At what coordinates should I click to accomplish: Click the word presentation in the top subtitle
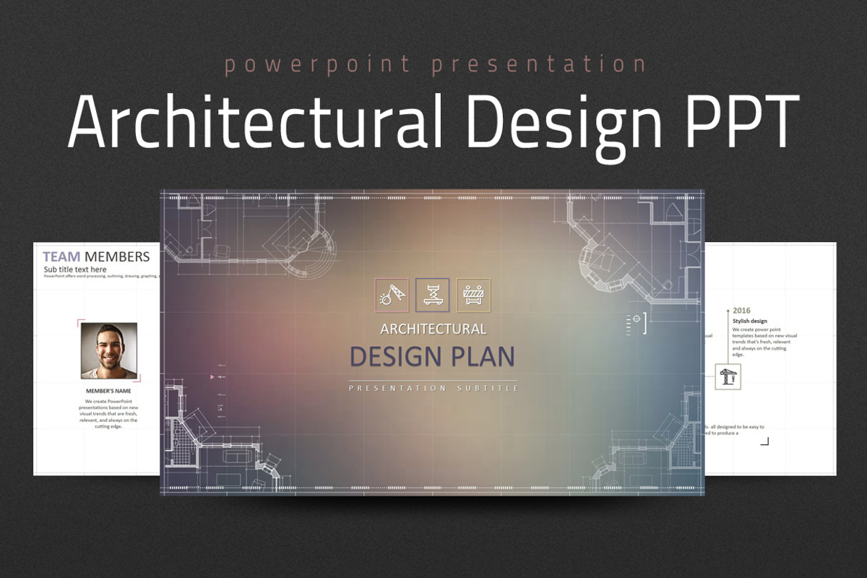(x=539, y=65)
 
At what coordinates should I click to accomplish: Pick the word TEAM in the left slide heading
(x=61, y=256)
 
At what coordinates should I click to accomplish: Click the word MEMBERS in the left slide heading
(x=117, y=256)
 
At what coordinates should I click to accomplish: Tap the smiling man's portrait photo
(x=109, y=350)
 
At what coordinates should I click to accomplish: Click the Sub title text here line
(x=75, y=269)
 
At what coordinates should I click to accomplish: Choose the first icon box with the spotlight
(x=392, y=295)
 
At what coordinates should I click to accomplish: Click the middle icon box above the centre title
(x=433, y=295)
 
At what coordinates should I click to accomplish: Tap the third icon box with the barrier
(x=473, y=295)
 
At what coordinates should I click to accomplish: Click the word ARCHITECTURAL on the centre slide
(x=433, y=329)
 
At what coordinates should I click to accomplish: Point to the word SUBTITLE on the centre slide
(x=488, y=389)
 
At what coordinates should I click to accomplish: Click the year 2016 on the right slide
(x=741, y=310)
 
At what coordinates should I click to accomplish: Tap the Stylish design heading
(x=750, y=321)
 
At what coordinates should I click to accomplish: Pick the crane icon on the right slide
(x=728, y=376)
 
